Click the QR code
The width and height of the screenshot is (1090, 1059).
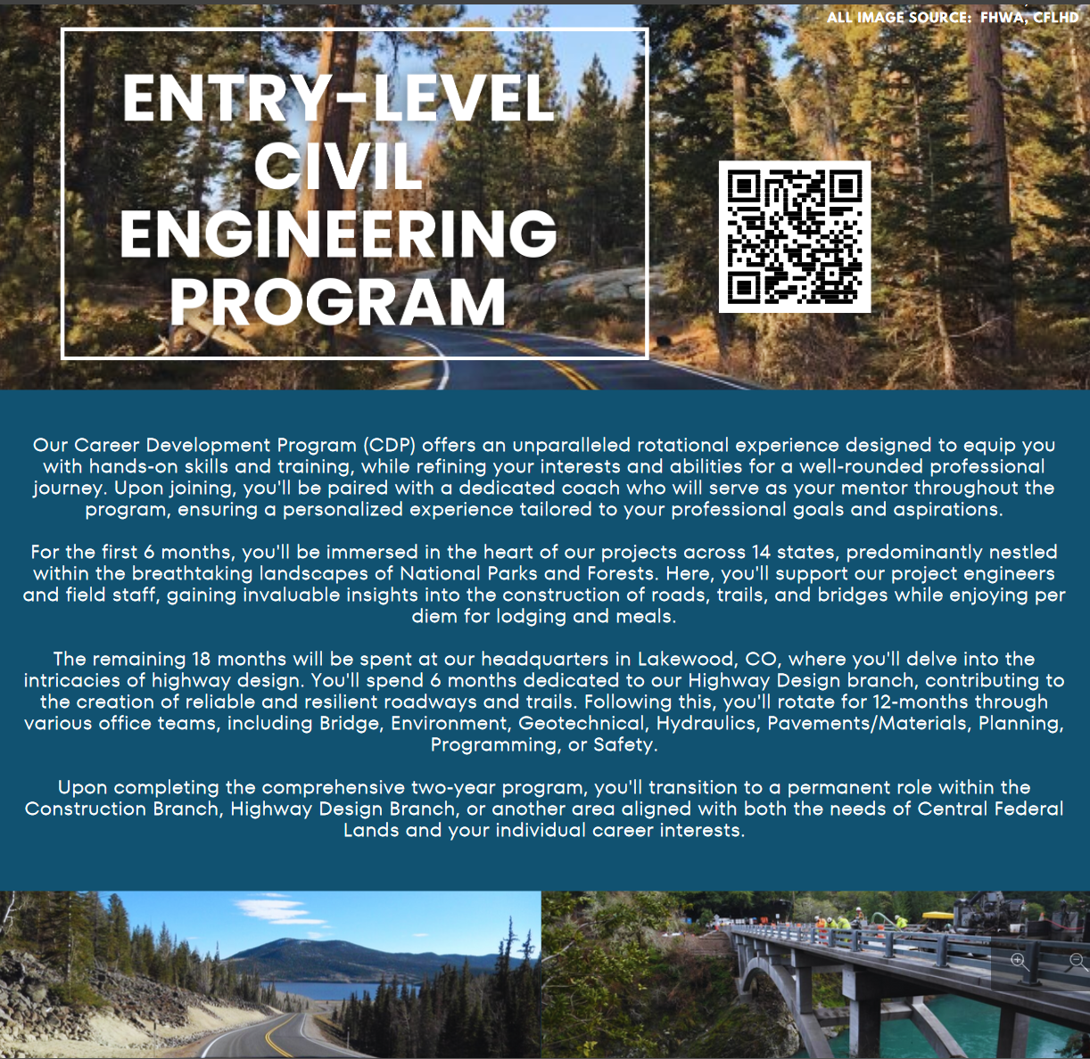[x=794, y=236]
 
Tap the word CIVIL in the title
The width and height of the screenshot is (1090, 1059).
[x=338, y=165]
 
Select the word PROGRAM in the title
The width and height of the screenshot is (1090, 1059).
[x=338, y=302]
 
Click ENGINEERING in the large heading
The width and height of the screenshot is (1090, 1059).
[x=338, y=234]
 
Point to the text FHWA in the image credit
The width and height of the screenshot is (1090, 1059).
[x=1002, y=17]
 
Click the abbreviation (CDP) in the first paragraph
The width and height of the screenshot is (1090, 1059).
[x=389, y=445]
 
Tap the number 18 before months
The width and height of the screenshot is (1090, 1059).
[x=202, y=659]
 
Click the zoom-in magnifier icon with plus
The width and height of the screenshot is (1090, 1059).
[x=1019, y=962]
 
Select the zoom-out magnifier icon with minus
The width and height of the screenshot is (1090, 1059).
[x=1077, y=962]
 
